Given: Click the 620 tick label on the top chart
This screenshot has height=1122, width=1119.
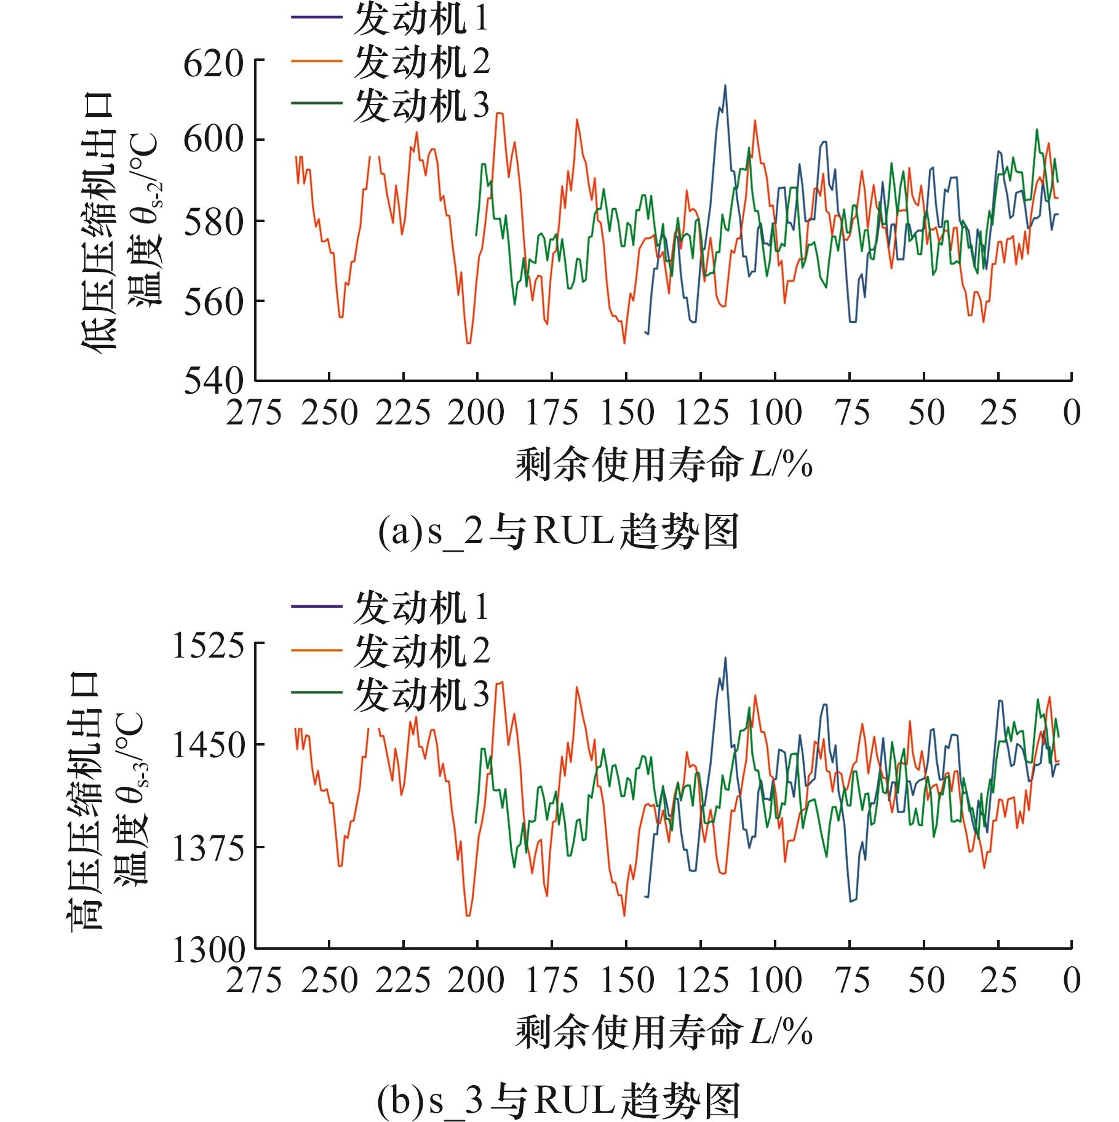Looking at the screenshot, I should [x=213, y=65].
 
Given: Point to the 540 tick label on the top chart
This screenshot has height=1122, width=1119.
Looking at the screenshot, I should [x=213, y=382].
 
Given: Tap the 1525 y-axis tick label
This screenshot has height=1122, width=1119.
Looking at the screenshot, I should [x=208, y=647].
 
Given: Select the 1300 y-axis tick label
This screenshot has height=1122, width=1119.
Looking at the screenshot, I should [x=208, y=950].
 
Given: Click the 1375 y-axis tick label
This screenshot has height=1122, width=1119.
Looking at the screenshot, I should [x=208, y=849].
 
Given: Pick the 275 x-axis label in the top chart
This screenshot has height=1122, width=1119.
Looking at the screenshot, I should [x=254, y=413].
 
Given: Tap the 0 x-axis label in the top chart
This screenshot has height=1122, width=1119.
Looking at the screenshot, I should [x=1071, y=413].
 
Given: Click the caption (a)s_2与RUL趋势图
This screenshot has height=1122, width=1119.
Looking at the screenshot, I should [x=558, y=533].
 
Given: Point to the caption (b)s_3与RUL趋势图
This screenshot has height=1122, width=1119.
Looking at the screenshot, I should [x=558, y=1101].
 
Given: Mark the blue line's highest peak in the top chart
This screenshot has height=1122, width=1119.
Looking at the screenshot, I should [x=725, y=86].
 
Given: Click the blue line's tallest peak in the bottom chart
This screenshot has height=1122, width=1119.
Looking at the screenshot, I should [x=725, y=658].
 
